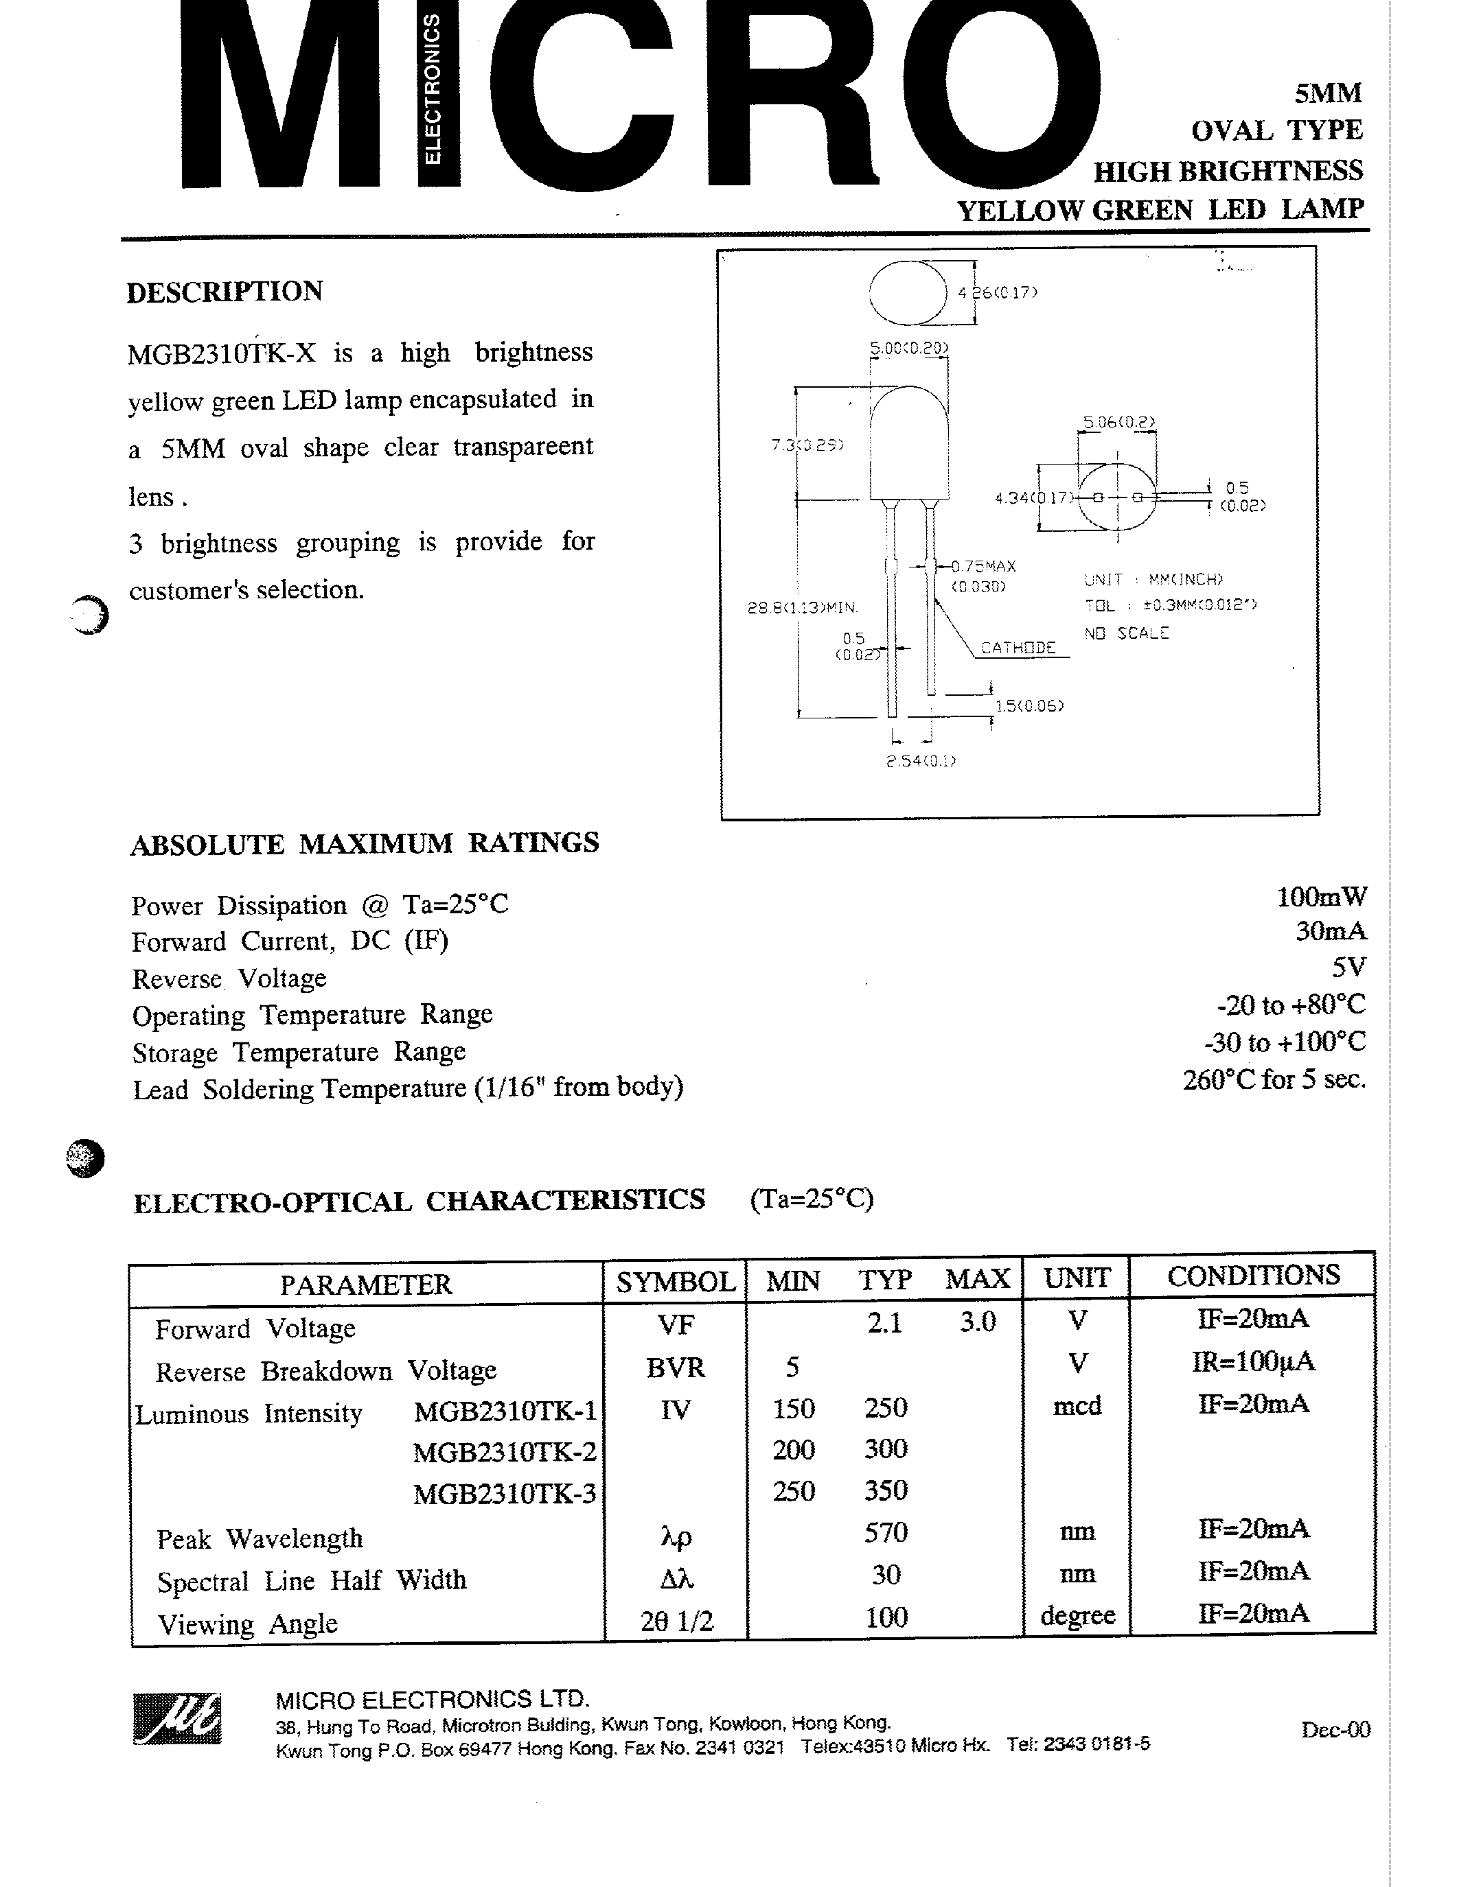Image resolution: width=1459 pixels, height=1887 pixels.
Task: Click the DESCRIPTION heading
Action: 225,292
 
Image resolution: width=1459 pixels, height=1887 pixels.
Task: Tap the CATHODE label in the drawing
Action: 1018,648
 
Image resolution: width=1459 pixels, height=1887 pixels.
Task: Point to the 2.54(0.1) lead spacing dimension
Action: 921,761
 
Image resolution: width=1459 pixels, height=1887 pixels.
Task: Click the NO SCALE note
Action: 1126,633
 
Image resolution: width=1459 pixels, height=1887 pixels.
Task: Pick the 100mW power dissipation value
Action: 1322,897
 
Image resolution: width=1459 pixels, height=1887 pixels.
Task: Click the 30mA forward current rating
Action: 1331,931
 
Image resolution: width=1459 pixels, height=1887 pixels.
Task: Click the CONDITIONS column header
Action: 1253,1276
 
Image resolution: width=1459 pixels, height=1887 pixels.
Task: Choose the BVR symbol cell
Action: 675,1368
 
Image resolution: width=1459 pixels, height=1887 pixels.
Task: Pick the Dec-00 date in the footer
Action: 1335,1729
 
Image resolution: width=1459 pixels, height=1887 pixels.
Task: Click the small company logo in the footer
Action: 177,1718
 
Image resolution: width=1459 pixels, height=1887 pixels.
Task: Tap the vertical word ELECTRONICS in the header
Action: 431,90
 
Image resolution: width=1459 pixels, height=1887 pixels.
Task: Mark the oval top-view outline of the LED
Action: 908,292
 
